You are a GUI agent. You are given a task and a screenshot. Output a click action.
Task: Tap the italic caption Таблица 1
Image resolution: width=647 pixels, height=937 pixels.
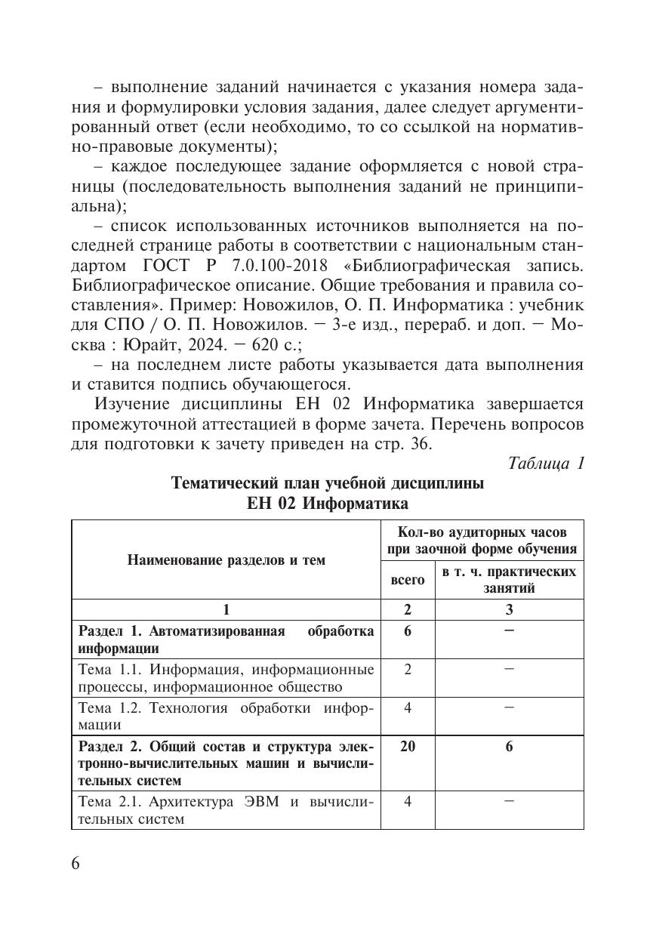click(547, 463)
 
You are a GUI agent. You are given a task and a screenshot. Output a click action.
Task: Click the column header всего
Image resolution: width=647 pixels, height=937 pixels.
click(407, 580)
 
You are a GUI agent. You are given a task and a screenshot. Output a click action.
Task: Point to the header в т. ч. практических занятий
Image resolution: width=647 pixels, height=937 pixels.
click(509, 580)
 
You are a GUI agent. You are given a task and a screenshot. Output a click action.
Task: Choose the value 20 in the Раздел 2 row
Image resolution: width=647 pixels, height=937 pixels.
click(407, 746)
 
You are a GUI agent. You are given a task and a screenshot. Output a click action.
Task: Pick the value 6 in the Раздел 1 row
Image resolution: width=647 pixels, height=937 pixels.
click(407, 630)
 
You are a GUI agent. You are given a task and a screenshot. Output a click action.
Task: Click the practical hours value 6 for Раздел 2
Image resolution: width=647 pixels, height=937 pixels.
click(509, 746)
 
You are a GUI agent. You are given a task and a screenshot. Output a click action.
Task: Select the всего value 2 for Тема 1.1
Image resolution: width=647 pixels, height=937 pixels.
click(407, 669)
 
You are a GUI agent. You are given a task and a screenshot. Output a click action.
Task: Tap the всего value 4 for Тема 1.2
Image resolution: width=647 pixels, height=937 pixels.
click(407, 707)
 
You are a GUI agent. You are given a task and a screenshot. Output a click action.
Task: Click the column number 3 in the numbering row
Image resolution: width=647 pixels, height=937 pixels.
click(509, 610)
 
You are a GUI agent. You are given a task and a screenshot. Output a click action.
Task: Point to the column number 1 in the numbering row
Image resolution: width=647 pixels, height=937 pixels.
click(226, 610)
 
